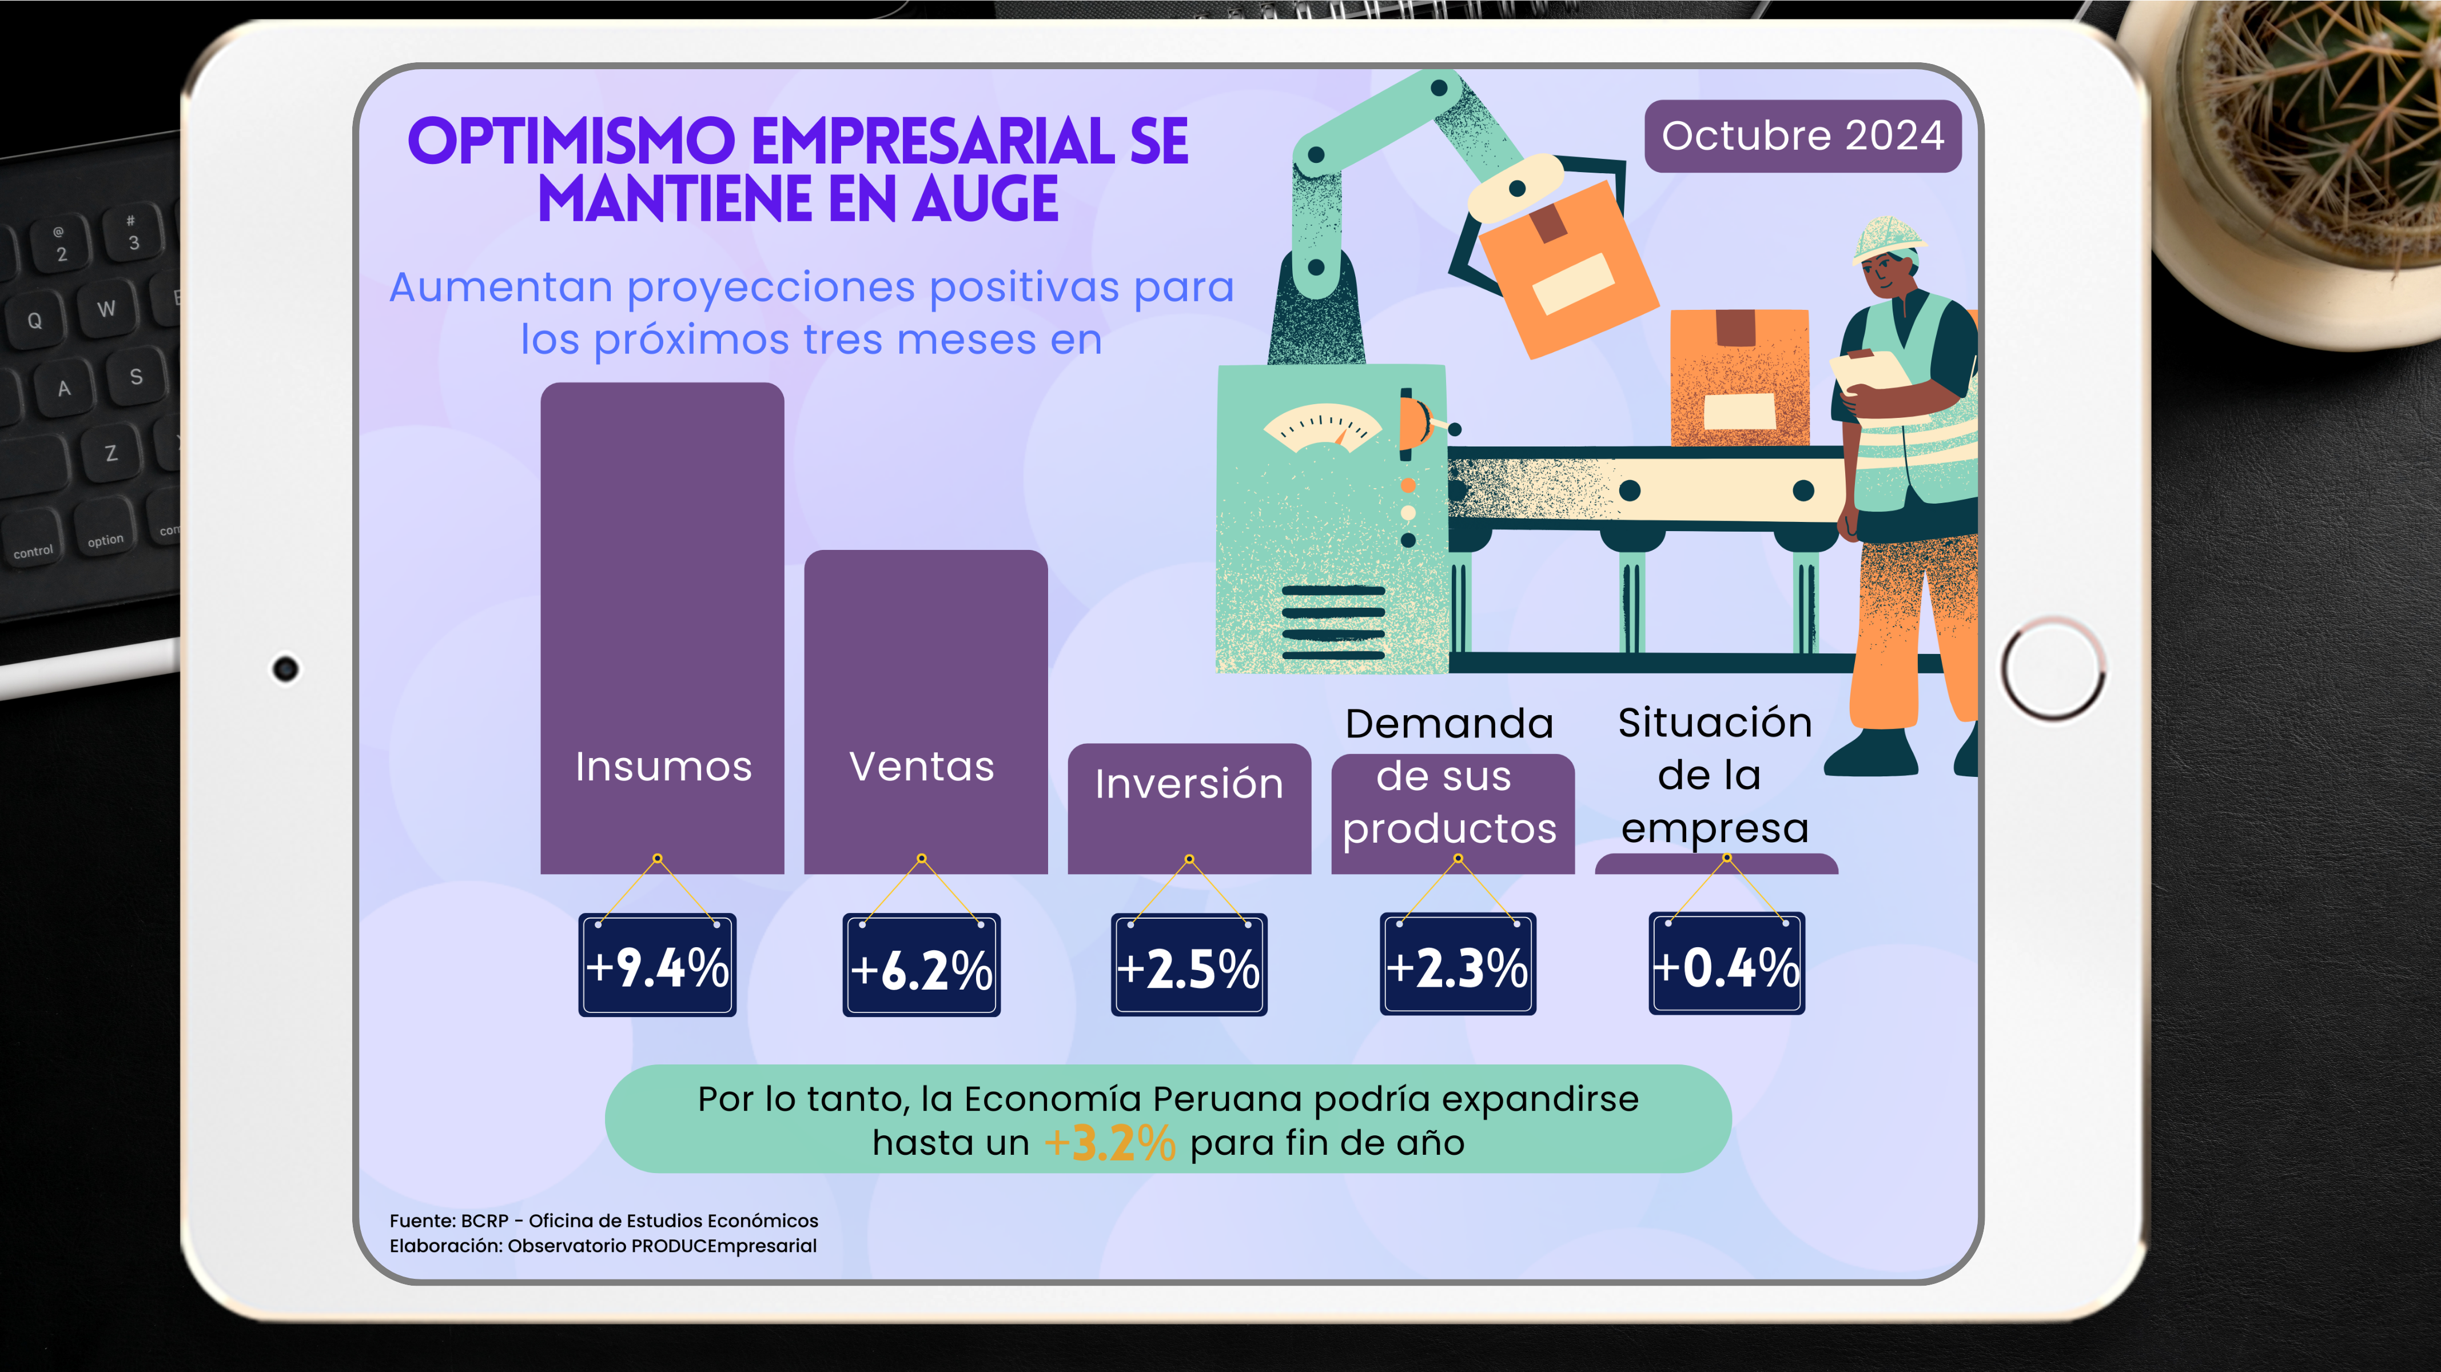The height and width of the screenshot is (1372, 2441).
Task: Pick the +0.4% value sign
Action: tap(1726, 964)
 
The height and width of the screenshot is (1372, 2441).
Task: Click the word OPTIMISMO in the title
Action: tap(571, 142)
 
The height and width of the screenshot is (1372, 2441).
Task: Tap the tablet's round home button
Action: tap(2053, 669)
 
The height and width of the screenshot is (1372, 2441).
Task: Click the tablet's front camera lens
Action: tap(285, 669)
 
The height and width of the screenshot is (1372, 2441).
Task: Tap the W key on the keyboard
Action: tap(106, 309)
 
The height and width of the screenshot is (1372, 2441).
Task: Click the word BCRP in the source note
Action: tap(484, 1221)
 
